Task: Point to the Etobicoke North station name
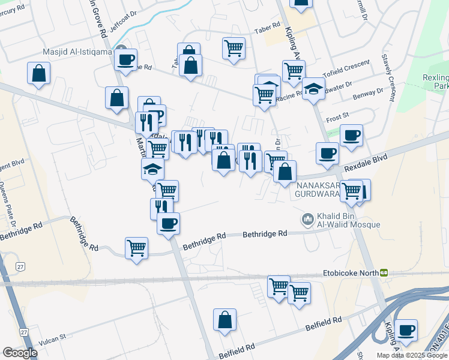pos(350,272)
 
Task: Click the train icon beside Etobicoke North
pos(383,272)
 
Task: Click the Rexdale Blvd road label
pos(366,162)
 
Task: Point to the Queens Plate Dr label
pos(8,204)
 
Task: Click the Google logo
pos(20,353)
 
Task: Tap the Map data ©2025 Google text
pos(411,355)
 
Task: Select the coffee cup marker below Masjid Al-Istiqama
pos(125,61)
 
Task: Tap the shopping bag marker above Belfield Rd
pos(224,320)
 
